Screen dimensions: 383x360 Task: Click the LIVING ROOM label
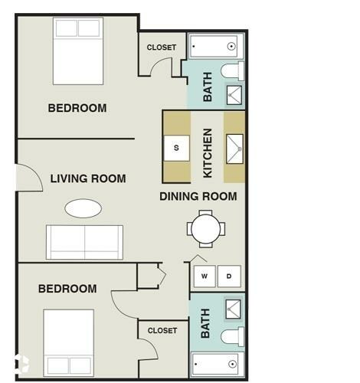pos(88,179)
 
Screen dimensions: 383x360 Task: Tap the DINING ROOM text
pos(198,197)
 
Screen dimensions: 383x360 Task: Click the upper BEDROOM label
pos(77,108)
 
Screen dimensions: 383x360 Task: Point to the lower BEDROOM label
pos(67,289)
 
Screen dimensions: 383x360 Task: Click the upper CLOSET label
pos(162,47)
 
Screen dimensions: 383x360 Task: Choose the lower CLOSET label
pos(162,331)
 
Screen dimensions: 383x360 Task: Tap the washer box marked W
pos(204,276)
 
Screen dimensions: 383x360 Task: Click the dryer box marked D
pos(228,276)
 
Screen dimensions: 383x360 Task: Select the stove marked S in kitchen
pos(176,147)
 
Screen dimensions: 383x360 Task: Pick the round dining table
pos(206,228)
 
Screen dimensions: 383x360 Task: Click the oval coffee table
pos(83,208)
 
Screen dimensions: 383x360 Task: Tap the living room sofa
pos(84,242)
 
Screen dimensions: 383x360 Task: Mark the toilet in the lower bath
pos(232,336)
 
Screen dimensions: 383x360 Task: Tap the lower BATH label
pos(205,323)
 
